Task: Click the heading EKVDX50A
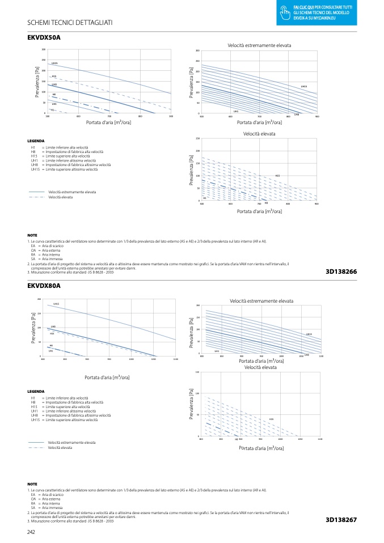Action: coord(44,37)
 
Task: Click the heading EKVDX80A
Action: coord(44,286)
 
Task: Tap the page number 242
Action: coord(32,532)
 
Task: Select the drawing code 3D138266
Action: coord(341,272)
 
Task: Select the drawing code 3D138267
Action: coord(341,520)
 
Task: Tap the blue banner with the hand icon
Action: coord(317,12)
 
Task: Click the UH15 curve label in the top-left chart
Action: coord(54,63)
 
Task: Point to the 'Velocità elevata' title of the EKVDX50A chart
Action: coord(259,134)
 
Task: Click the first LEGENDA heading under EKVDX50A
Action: coord(36,141)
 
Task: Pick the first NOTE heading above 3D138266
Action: coord(32,235)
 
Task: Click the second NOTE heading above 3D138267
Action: coord(32,483)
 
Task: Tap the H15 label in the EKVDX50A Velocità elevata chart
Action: coord(277,176)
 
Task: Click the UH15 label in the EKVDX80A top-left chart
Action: coord(56,304)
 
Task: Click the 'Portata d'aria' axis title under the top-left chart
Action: coord(108,122)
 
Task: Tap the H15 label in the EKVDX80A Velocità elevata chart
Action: coord(272,419)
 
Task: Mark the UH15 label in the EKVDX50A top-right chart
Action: coord(304,87)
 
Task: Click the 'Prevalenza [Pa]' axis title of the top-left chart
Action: coord(37,83)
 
